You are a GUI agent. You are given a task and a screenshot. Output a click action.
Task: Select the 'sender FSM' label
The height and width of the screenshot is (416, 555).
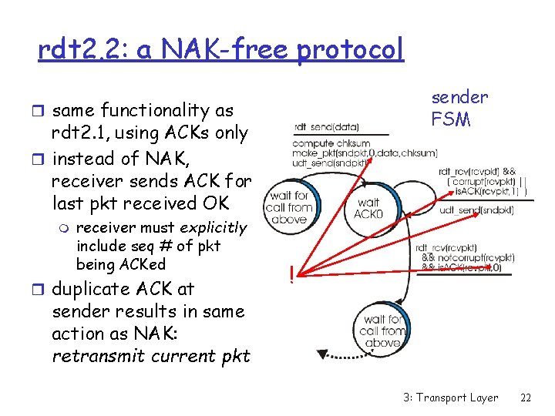click(x=459, y=108)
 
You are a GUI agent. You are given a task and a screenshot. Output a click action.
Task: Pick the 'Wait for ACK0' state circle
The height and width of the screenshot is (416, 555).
click(x=368, y=206)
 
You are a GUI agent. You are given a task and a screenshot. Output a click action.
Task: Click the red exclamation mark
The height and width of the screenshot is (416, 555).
click(x=291, y=273)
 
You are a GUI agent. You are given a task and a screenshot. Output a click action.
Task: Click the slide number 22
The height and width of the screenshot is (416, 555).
click(x=526, y=398)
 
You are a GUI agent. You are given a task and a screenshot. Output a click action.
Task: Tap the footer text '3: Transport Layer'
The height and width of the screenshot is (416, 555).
click(x=450, y=398)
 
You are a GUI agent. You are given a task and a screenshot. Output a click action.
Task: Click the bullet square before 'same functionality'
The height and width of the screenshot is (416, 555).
click(x=42, y=111)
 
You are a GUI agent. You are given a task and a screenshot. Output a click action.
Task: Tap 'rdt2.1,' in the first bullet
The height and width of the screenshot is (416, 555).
click(x=81, y=133)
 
